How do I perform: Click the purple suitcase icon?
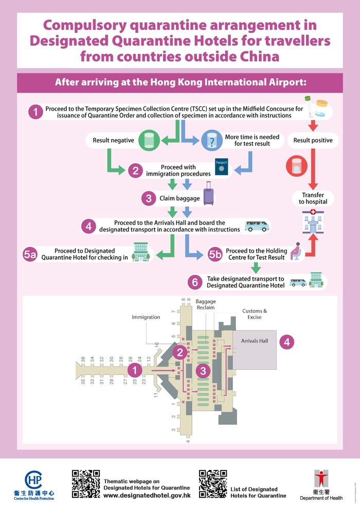tap(208, 197)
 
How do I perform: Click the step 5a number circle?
tap(30, 254)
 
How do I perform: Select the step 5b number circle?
tap(215, 254)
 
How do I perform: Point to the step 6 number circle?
tap(194, 282)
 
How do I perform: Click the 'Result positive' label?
tap(313, 140)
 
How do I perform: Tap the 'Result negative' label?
tap(113, 140)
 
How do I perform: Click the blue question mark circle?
tap(210, 140)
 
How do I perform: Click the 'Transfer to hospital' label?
tap(313, 198)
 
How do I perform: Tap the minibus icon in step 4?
tap(256, 225)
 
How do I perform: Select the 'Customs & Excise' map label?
tap(255, 314)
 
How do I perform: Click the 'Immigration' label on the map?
tap(146, 317)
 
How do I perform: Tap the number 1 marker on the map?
tap(135, 370)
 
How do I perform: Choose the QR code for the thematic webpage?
tap(85, 483)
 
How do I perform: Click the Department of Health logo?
tap(321, 484)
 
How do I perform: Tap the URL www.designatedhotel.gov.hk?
tap(147, 496)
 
